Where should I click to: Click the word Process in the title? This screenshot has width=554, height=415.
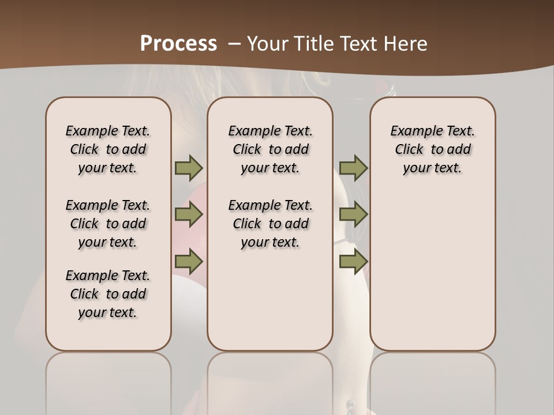tap(178, 43)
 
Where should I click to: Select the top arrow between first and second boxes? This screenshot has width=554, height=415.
tap(189, 168)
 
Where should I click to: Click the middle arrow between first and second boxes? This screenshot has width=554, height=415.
tap(189, 214)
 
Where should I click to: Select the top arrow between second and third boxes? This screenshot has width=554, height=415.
tap(353, 168)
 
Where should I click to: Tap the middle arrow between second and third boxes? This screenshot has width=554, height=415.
tap(353, 214)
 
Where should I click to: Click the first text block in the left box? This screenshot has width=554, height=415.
tap(108, 149)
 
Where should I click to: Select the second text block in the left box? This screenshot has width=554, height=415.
tap(108, 224)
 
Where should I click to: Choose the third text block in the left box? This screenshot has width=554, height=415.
tap(108, 294)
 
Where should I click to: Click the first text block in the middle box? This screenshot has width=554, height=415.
tap(270, 149)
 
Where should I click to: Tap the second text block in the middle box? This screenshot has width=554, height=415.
tap(270, 224)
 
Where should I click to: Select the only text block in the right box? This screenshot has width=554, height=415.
tap(432, 149)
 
